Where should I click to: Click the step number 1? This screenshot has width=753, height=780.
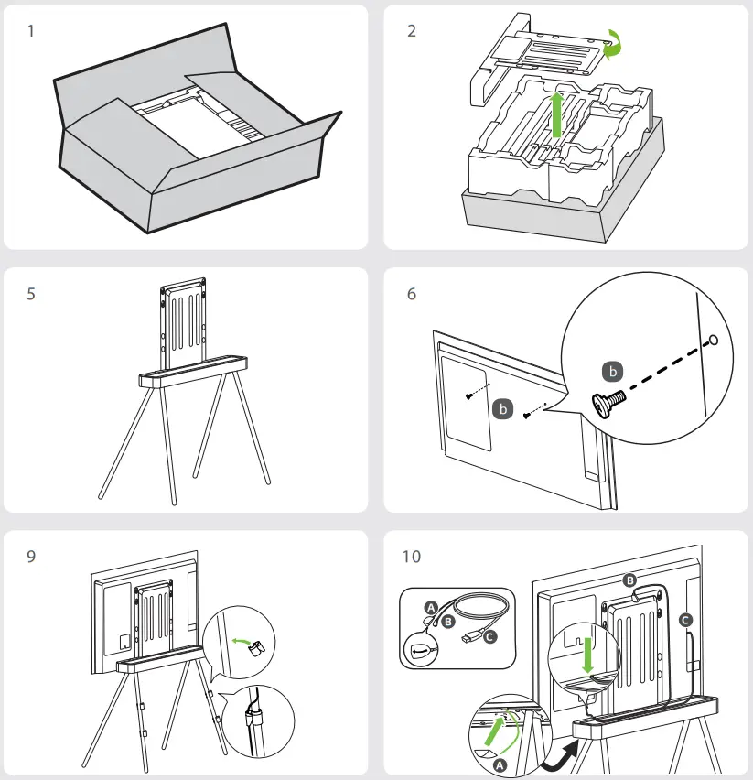click(31, 31)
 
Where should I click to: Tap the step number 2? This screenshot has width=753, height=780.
click(411, 31)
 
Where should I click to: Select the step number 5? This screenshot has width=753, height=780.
click(31, 295)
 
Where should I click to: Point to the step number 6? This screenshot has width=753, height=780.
click(411, 295)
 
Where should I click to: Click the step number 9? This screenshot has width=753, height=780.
click(31, 556)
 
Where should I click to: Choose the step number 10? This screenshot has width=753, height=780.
click(413, 556)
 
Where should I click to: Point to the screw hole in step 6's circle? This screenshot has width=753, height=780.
click(714, 340)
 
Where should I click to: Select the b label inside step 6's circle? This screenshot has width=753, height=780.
click(614, 371)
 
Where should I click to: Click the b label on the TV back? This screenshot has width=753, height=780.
click(501, 409)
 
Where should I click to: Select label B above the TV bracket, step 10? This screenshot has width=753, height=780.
click(629, 580)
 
